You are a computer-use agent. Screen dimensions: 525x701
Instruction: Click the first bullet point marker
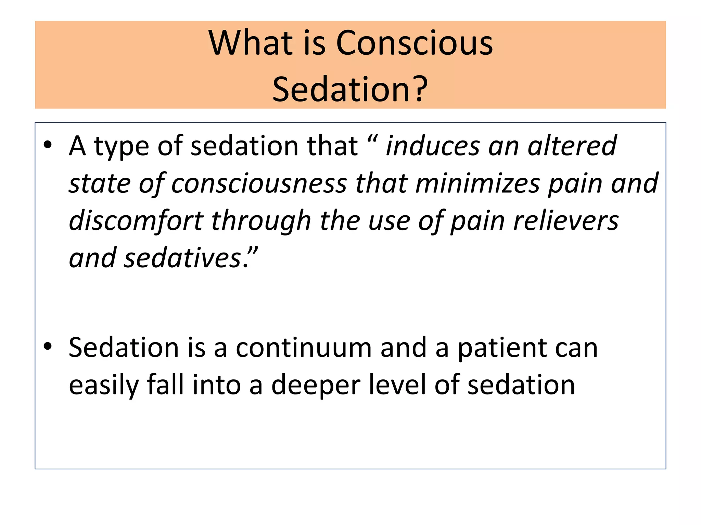coord(48,145)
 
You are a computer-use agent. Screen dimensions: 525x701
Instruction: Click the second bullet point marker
coord(48,347)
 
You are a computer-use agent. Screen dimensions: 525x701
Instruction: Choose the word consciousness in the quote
coord(259,184)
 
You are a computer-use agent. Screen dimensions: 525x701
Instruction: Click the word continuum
coord(304,348)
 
